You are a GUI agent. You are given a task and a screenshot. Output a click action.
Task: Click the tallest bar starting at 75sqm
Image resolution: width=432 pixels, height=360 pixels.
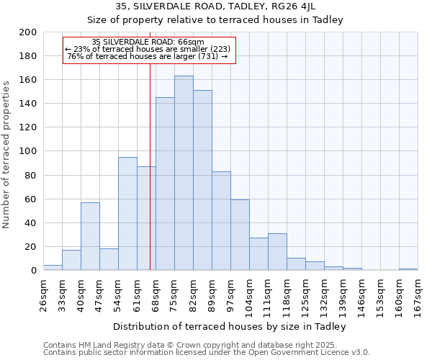184,173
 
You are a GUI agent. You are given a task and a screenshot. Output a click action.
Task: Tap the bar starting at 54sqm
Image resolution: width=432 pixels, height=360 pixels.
127,214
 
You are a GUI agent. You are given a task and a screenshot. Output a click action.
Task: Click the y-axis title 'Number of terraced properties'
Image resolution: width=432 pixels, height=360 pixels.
6,154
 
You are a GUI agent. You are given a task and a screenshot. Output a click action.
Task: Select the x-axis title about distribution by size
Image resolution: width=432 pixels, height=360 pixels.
230,326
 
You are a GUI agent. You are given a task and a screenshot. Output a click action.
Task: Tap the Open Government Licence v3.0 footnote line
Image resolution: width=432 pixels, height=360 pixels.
207,353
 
